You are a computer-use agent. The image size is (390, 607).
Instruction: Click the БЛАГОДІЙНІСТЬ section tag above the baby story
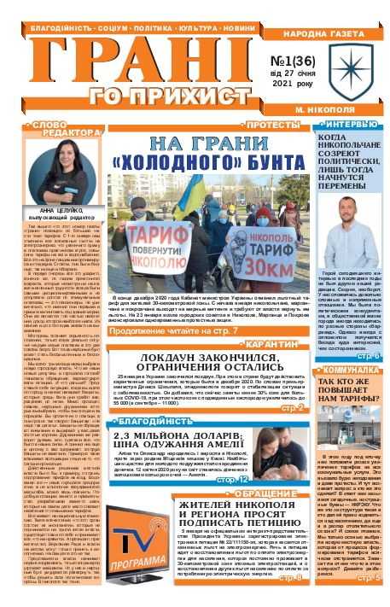click(x=139, y=398)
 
